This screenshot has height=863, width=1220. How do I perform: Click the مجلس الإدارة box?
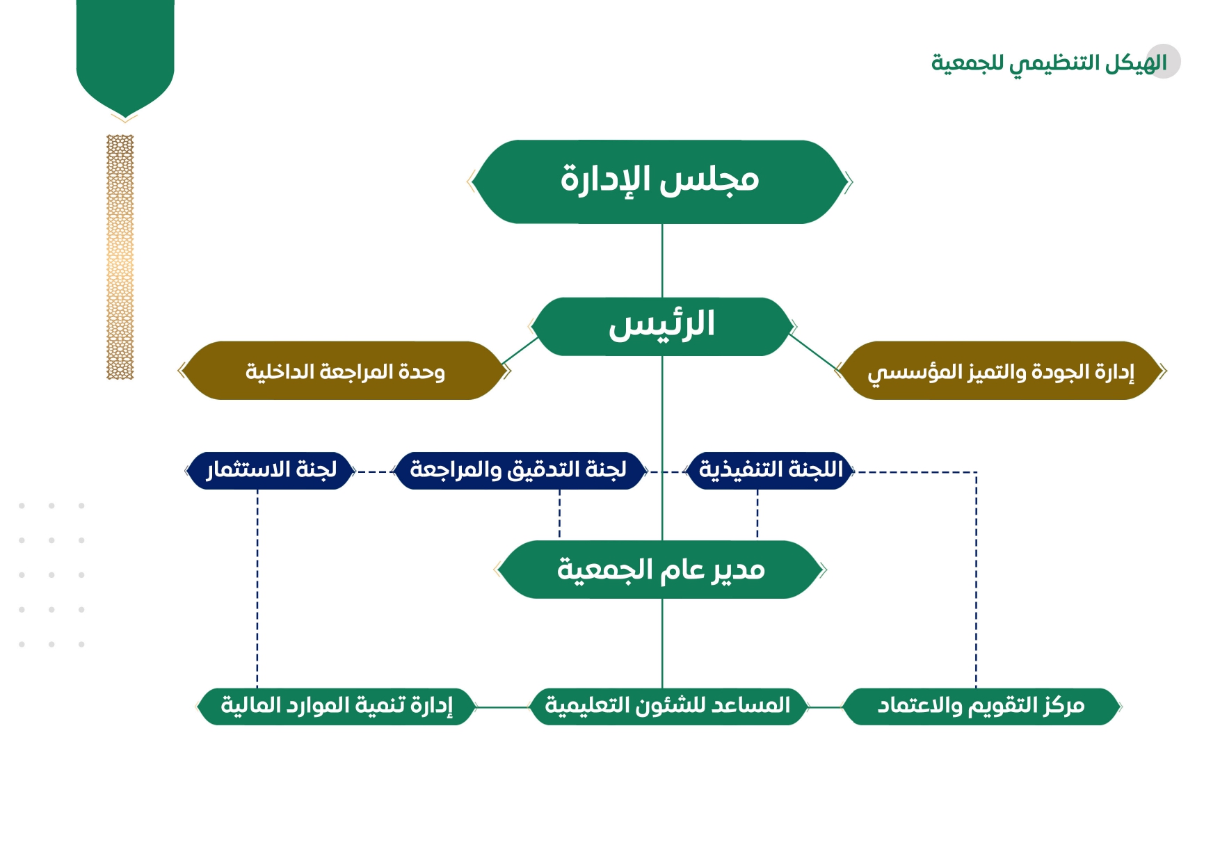click(660, 182)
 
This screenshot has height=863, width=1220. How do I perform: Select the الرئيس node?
click(662, 327)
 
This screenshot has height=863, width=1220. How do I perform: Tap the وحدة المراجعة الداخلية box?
click(344, 371)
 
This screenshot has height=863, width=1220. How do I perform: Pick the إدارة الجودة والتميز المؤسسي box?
click(1001, 371)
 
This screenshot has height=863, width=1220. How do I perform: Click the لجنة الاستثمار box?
click(271, 471)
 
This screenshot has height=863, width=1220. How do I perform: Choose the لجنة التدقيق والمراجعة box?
click(519, 471)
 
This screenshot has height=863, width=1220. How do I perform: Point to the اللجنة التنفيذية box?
click(770, 471)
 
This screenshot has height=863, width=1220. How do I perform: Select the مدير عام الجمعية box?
click(661, 570)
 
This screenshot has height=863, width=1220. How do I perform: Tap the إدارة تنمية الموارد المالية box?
click(337, 707)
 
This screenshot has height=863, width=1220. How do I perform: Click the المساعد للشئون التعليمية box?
click(668, 707)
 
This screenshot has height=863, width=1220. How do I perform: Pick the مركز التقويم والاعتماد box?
click(981, 707)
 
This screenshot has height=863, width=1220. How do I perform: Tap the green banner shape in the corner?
click(125, 57)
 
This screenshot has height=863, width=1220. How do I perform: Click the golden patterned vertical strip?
click(120, 257)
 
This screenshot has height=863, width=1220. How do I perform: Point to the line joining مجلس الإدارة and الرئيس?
click(662, 261)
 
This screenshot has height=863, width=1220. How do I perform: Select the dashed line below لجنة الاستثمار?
click(257, 589)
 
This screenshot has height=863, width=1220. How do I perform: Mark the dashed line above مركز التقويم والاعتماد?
click(976, 580)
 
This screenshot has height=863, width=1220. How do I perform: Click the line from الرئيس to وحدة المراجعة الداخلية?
click(520, 350)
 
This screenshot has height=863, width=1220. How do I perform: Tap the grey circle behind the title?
click(1164, 61)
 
